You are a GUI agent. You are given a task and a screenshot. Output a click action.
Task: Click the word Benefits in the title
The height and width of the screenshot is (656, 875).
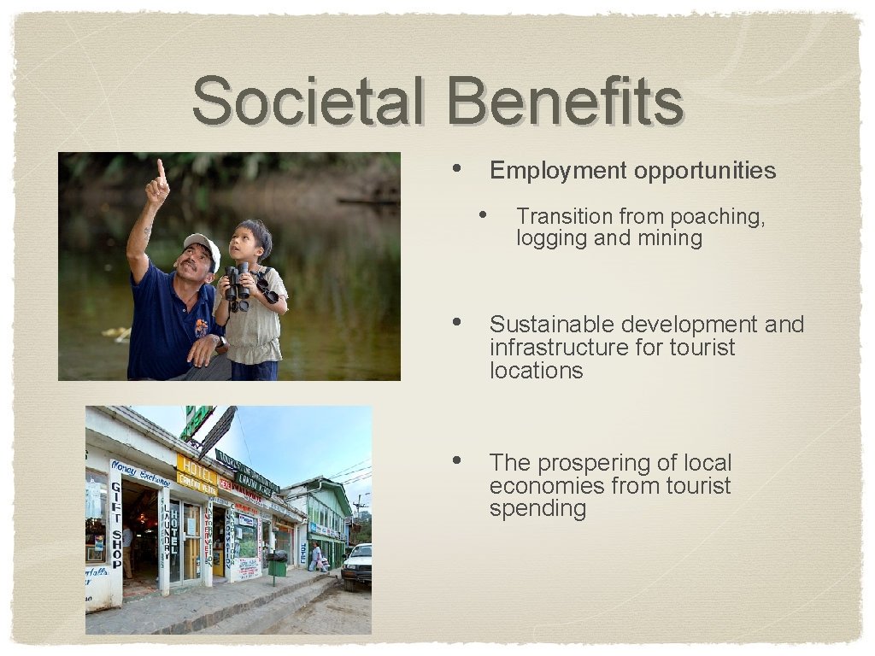pos(564,101)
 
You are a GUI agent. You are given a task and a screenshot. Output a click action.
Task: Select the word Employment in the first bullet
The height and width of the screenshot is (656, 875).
pos(557,171)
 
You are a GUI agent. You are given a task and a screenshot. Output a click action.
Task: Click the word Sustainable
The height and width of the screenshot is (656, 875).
pos(552,325)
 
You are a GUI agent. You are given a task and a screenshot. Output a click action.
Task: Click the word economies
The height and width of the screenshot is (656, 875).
pos(542,486)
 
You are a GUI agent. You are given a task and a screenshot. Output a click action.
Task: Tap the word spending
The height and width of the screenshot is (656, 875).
pos(537,509)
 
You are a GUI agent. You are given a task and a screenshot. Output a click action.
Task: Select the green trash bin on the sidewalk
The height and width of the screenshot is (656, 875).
pos(277,565)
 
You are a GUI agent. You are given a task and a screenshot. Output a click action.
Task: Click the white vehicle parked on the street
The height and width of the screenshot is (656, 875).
pos(357,565)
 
